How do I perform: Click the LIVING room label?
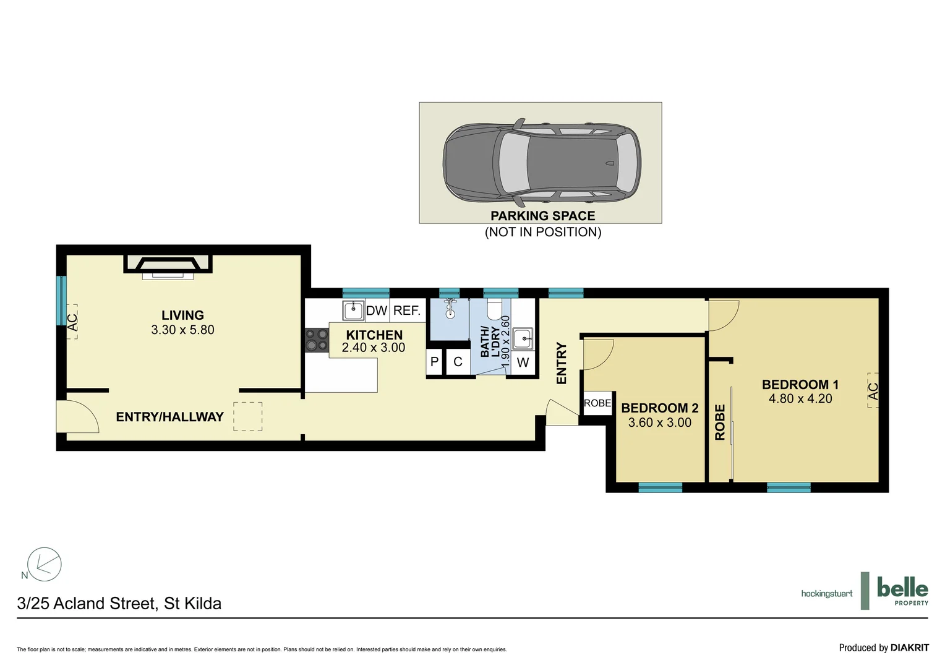182,315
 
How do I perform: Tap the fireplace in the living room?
168,264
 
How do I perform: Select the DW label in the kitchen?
376,310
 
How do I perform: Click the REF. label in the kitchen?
407,310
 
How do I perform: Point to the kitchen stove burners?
317,340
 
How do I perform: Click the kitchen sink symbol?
353,310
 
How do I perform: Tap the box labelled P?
434,362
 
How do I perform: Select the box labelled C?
458,362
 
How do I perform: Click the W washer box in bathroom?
523,362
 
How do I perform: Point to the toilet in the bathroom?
495,308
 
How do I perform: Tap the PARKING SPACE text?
542,216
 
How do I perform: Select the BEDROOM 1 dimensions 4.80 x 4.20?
800,399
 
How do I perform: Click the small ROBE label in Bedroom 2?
597,403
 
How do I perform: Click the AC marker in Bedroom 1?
873,391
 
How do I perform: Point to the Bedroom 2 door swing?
597,354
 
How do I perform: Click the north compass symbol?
43,564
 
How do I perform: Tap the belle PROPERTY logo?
902,591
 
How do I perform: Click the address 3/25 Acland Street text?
119,603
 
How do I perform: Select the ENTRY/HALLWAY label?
169,417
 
